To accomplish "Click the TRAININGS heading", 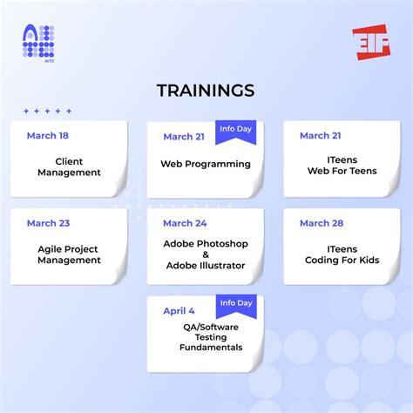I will (x=206, y=91).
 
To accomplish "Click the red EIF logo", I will (x=371, y=42).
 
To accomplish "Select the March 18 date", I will (x=48, y=135).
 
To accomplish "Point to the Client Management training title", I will (x=69, y=167).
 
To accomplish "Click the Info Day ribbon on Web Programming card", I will (x=236, y=129).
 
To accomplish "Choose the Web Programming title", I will (x=206, y=164).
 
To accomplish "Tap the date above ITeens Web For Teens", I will (x=321, y=135).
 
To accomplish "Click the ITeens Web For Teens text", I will (x=342, y=166).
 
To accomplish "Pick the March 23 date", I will (x=48, y=223).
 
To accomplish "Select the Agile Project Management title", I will (x=69, y=254).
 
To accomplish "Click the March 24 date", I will (x=185, y=223).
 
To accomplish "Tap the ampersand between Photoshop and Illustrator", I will (x=206, y=254).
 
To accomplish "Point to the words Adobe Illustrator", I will (x=206, y=266).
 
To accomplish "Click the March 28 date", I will (x=321, y=223).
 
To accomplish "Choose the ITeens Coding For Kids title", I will (x=342, y=254).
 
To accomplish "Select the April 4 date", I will (x=179, y=311).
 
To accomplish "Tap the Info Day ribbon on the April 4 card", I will (x=236, y=303).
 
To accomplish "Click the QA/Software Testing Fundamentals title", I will (x=206, y=336).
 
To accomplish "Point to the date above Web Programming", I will (x=185, y=136).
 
